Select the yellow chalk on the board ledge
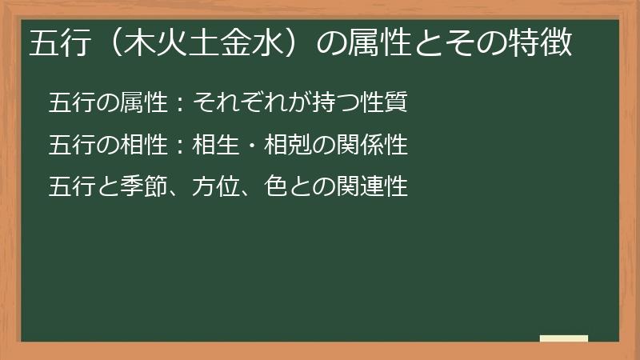pyautogui.click(x=564, y=338)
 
